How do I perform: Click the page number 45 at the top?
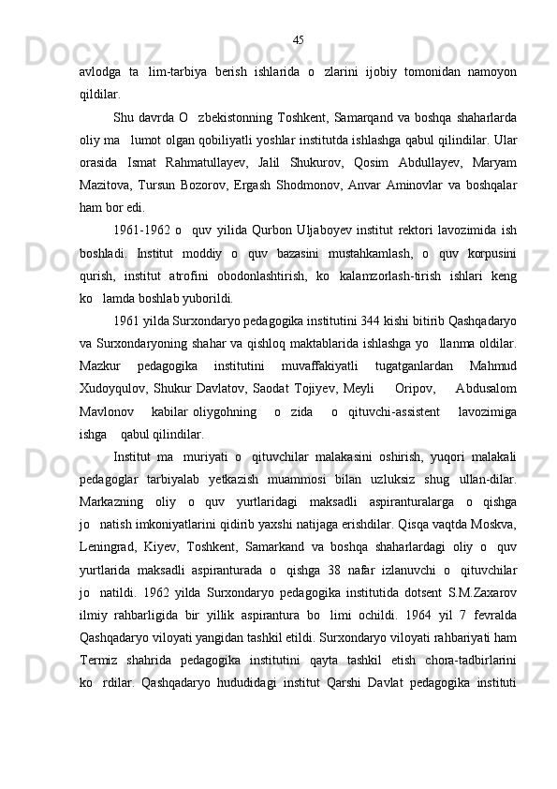pyautogui.click(x=298, y=40)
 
